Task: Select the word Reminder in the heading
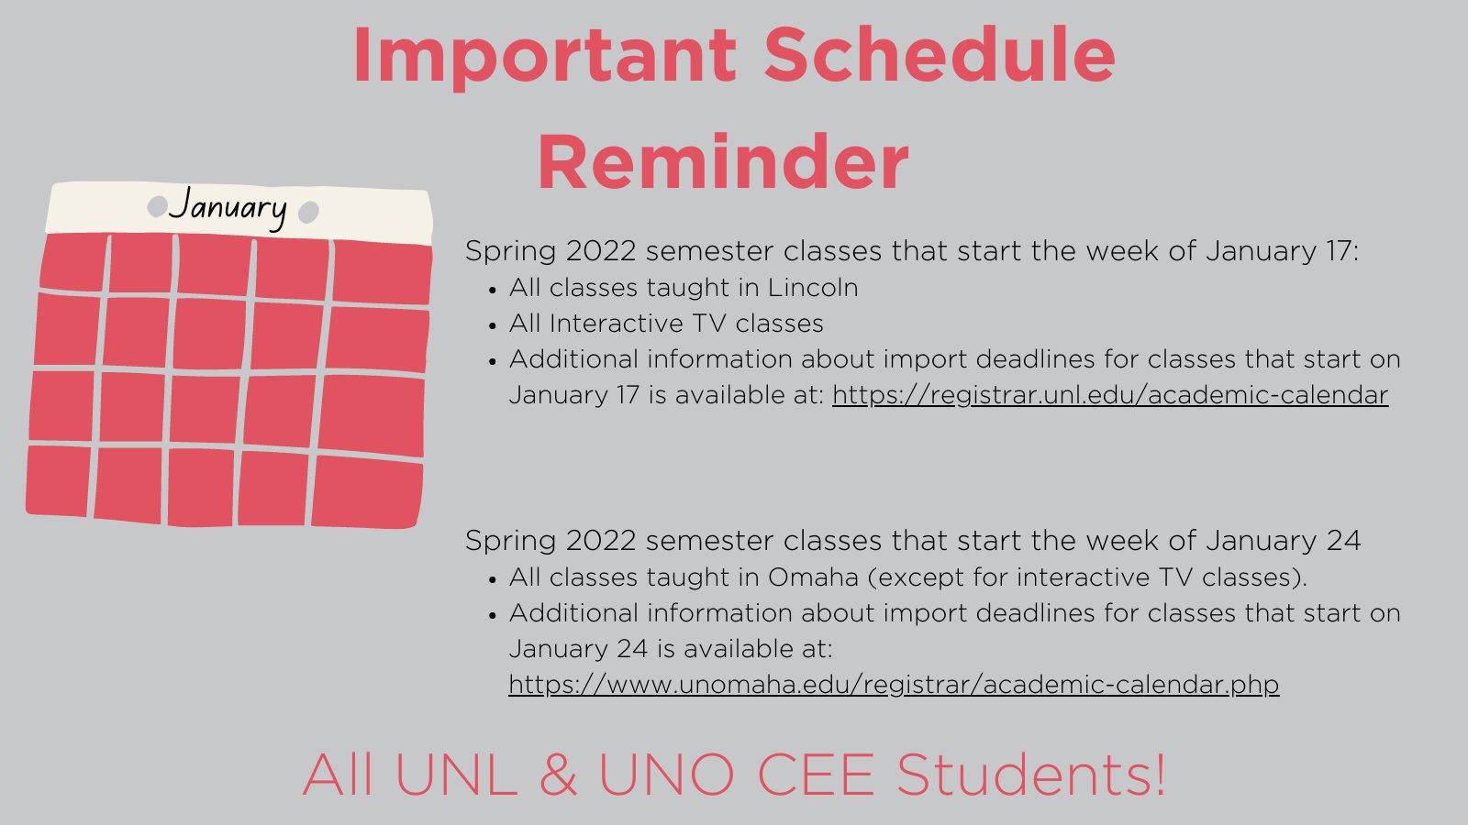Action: click(x=723, y=162)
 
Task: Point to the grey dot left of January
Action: click(x=157, y=206)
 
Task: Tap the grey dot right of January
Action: click(x=309, y=213)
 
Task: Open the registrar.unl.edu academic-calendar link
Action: click(x=1110, y=395)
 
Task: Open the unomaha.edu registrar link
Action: click(x=894, y=685)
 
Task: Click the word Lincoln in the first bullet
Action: click(x=813, y=288)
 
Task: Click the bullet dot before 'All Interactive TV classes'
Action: click(x=493, y=325)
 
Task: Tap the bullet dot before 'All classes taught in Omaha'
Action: click(x=493, y=579)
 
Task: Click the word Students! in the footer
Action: click(x=1030, y=775)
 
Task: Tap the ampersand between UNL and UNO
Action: click(x=558, y=775)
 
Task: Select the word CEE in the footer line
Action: click(x=815, y=775)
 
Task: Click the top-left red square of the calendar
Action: click(x=73, y=262)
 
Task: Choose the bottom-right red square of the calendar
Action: click(x=367, y=491)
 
